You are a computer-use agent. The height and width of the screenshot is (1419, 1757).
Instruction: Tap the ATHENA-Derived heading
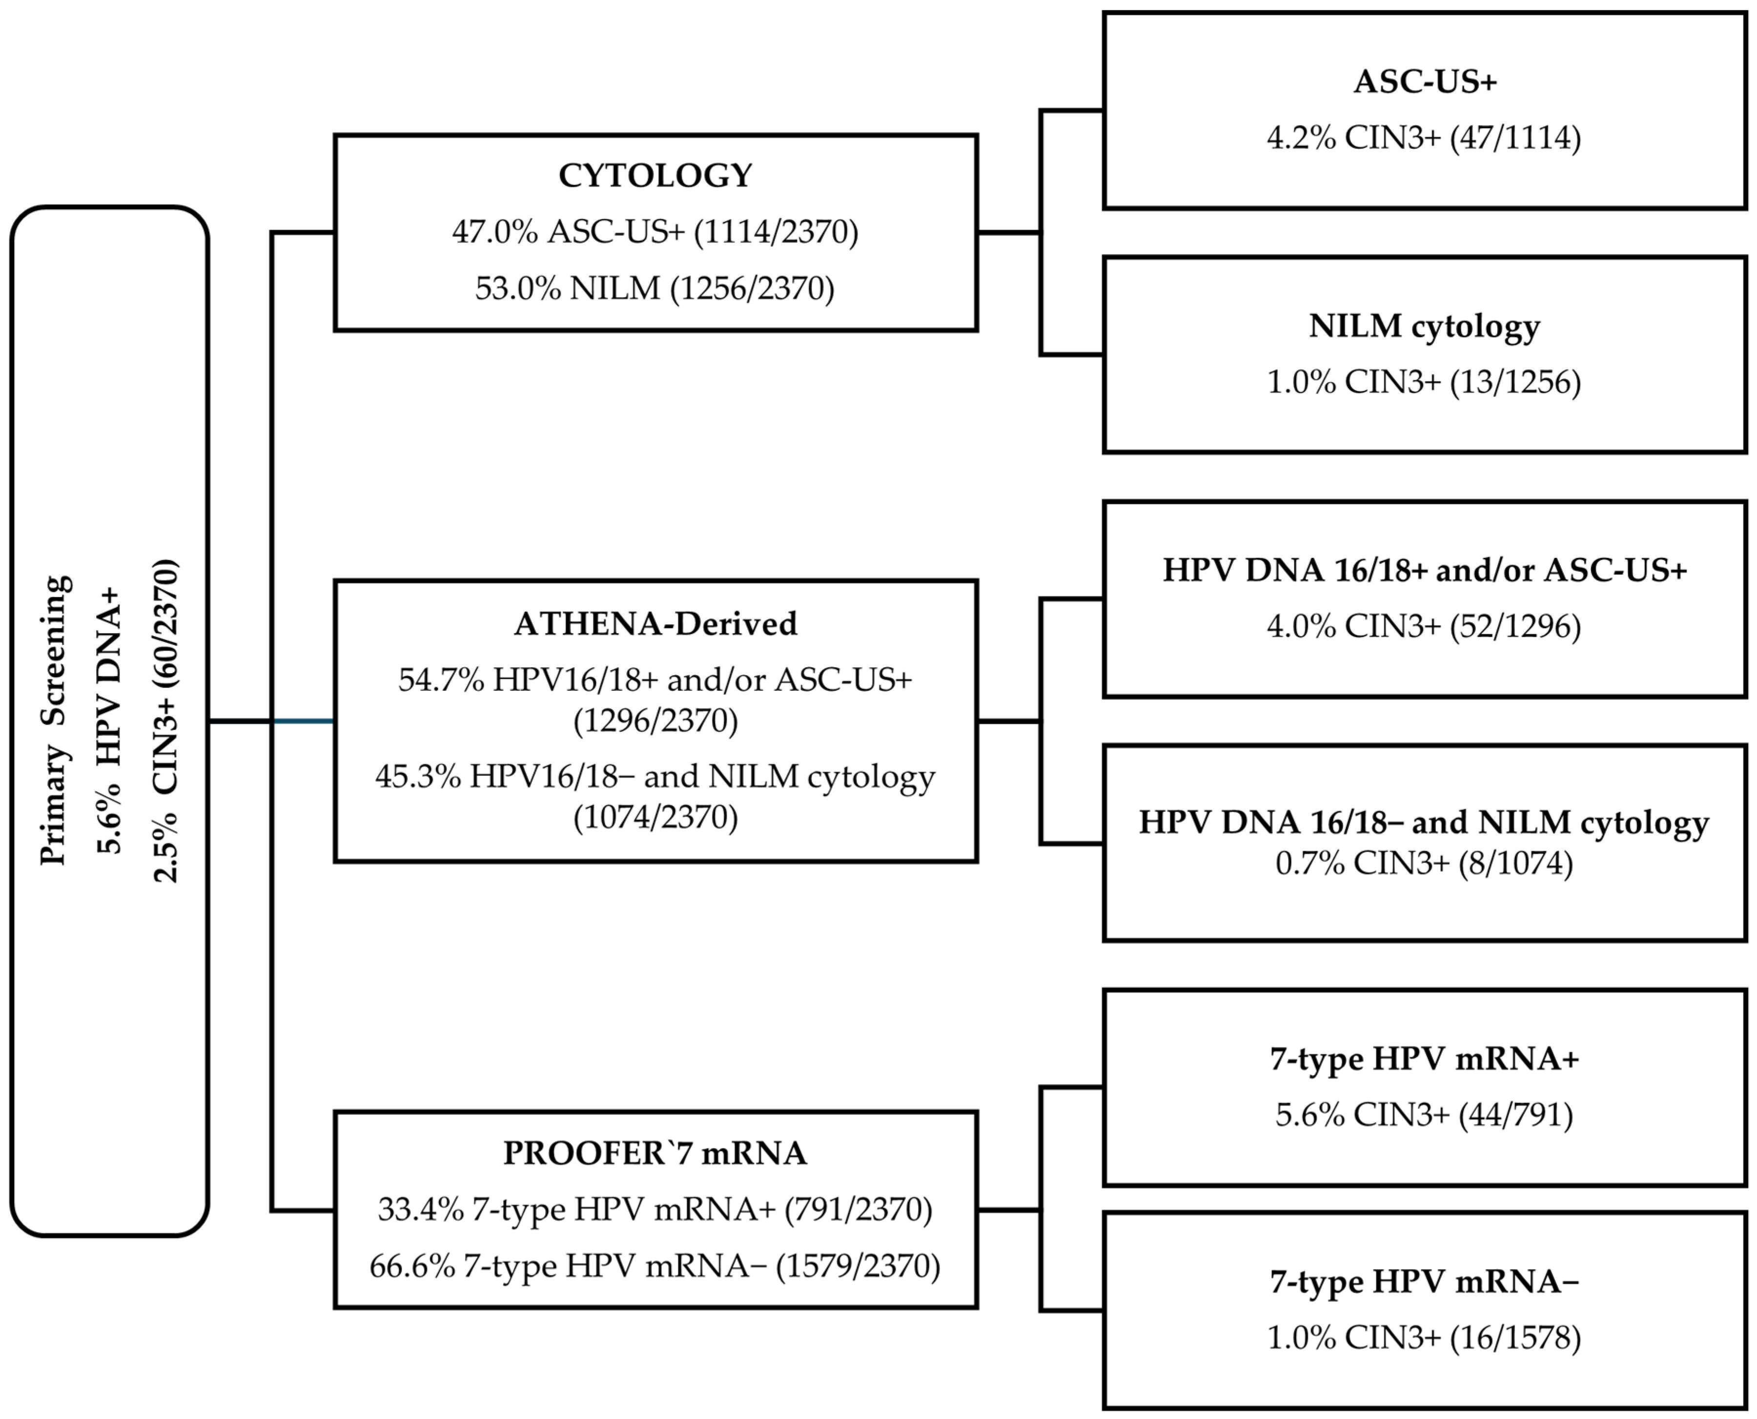pos(655,624)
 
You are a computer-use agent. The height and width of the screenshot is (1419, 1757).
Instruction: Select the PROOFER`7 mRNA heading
pos(655,1153)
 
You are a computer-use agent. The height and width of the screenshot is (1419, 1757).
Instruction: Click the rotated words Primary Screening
pos(56,720)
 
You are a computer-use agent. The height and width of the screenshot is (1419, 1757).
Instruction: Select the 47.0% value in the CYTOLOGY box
pos(495,232)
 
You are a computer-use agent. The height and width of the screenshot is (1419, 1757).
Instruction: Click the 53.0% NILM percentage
pos(518,288)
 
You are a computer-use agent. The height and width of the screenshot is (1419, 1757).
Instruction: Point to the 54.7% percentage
pos(441,680)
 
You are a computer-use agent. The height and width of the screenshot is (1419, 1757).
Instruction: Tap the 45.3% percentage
pos(418,777)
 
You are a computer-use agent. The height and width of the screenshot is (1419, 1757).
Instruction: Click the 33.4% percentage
pos(421,1209)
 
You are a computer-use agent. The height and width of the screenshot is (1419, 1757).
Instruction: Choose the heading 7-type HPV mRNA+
pos(1425,1059)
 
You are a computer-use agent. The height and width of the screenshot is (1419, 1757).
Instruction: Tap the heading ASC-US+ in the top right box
pos(1425,82)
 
